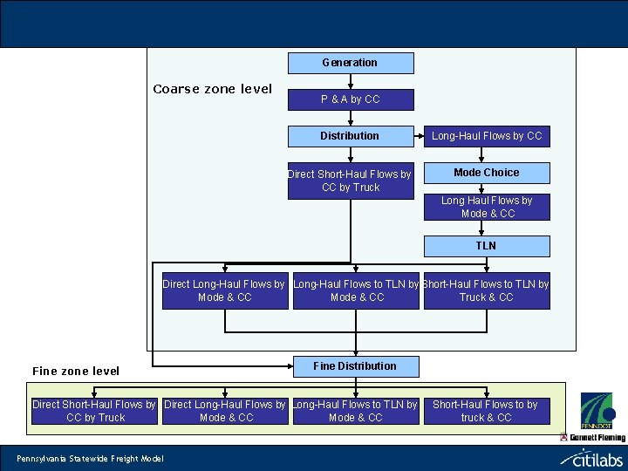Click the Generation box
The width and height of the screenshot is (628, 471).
(x=351, y=63)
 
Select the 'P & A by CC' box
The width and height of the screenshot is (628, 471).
(x=351, y=99)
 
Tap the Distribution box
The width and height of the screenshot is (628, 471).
(x=351, y=136)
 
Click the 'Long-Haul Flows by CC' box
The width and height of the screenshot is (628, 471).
(x=487, y=136)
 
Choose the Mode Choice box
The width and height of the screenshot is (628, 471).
(x=487, y=173)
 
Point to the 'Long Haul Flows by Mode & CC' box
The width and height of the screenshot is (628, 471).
(x=487, y=207)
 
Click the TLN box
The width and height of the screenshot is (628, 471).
(x=487, y=246)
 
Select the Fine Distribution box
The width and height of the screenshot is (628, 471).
(x=354, y=366)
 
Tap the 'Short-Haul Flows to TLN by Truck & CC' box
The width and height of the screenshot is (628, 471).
(x=487, y=291)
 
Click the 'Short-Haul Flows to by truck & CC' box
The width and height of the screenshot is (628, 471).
(x=486, y=411)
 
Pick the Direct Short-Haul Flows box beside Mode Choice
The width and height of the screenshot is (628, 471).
(x=351, y=181)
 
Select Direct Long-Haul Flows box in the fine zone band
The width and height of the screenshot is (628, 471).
(x=225, y=411)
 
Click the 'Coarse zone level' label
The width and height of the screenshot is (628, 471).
(x=212, y=89)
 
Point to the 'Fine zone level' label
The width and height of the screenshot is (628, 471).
(x=76, y=371)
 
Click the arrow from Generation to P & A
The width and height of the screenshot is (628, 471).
(x=351, y=81)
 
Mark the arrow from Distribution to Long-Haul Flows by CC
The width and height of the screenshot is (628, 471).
(x=419, y=136)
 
